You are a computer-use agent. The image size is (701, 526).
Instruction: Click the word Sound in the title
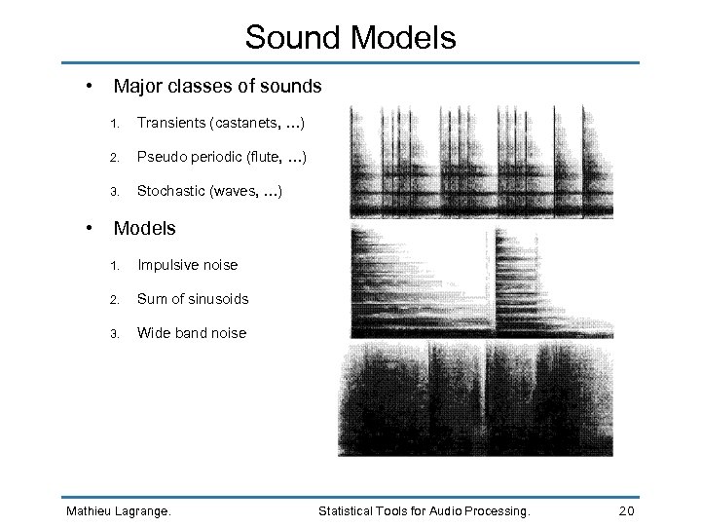(292, 38)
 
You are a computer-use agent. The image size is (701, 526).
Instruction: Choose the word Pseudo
(160, 157)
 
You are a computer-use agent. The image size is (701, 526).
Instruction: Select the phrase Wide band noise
(192, 333)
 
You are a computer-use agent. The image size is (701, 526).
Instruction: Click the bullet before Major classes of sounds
(90, 85)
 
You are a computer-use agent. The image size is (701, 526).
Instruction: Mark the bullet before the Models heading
(90, 227)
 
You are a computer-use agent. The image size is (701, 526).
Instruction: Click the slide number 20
(627, 510)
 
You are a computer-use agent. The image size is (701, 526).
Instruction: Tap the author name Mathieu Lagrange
(117, 510)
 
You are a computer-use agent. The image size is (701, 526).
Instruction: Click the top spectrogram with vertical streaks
(481, 162)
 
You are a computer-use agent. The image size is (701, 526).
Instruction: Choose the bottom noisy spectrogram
(476, 398)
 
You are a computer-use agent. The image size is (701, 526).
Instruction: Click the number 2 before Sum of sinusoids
(114, 300)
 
